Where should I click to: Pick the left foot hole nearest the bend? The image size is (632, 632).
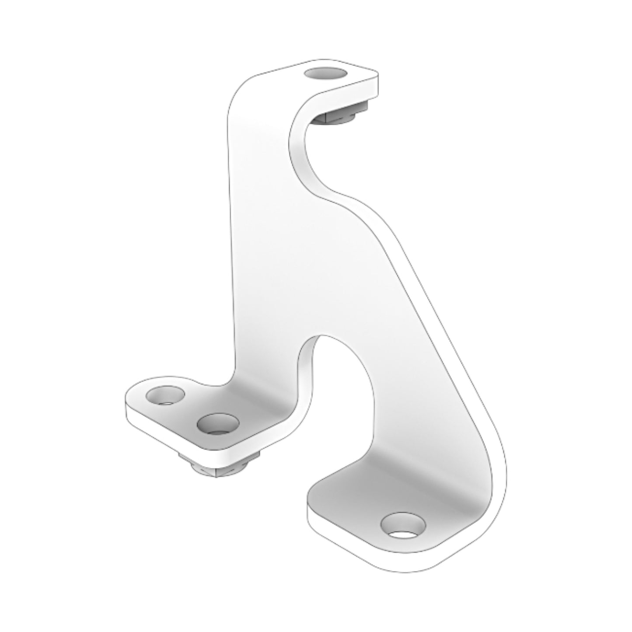point(217,423)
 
